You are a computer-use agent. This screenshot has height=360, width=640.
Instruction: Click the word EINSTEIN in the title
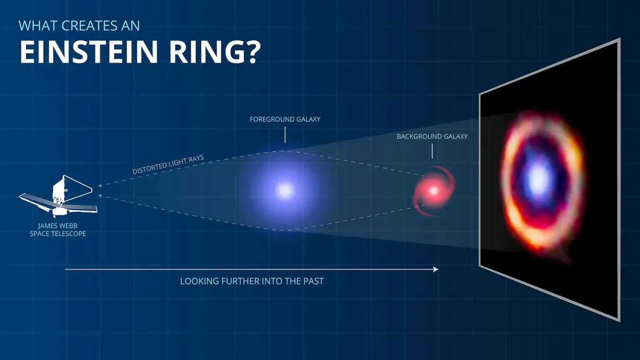(x=88, y=52)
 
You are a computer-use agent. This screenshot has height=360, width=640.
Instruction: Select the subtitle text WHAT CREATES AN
(x=79, y=26)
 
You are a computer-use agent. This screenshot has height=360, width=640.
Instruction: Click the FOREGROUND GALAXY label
(x=285, y=119)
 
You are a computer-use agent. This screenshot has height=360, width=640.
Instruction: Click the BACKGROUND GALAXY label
(x=432, y=136)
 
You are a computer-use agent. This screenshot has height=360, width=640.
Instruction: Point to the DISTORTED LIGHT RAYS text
(x=168, y=164)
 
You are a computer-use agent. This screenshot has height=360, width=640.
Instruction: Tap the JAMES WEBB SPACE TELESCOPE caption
(x=58, y=230)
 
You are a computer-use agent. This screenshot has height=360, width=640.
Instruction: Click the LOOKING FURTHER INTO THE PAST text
(x=252, y=281)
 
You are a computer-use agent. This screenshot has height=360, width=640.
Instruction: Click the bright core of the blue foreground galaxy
(x=285, y=191)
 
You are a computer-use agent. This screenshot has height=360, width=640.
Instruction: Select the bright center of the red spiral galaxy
(x=433, y=191)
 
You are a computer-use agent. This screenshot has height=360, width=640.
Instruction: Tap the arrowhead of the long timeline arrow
(x=436, y=270)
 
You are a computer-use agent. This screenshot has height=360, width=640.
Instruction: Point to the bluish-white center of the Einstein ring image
(x=538, y=179)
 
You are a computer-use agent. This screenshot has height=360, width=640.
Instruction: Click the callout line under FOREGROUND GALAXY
(x=285, y=135)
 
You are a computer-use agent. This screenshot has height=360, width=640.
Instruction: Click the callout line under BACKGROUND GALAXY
(x=432, y=151)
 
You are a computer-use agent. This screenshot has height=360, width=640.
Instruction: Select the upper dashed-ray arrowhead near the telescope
(x=100, y=186)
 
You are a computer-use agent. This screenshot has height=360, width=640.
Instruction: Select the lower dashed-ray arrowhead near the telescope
(x=100, y=195)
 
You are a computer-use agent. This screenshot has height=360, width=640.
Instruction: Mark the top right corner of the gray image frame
(x=619, y=39)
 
